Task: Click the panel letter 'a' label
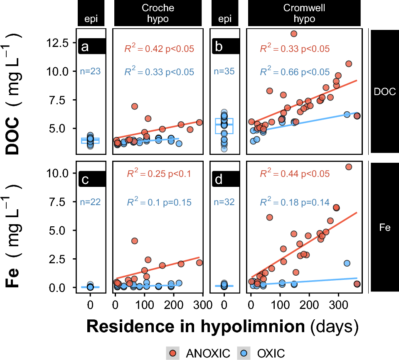[x=85, y=47]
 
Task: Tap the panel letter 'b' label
[x=218, y=47]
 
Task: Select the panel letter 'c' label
[x=85, y=180]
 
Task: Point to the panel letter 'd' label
[x=218, y=180]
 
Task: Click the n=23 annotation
[x=90, y=71]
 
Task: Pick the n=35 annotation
[x=224, y=71]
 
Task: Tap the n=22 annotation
[x=90, y=202]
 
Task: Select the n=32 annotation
[x=224, y=202]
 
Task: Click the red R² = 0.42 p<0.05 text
[x=159, y=49]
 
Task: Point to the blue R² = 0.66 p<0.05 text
[x=295, y=72]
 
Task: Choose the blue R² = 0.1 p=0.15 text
[x=159, y=203]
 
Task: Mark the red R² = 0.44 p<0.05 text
[x=295, y=174]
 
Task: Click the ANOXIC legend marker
[x=172, y=353]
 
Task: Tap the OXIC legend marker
[x=244, y=353]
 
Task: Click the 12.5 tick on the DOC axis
[x=59, y=43]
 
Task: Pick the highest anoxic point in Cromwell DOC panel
[x=293, y=34]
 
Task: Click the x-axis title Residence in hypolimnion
[x=197, y=326]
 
